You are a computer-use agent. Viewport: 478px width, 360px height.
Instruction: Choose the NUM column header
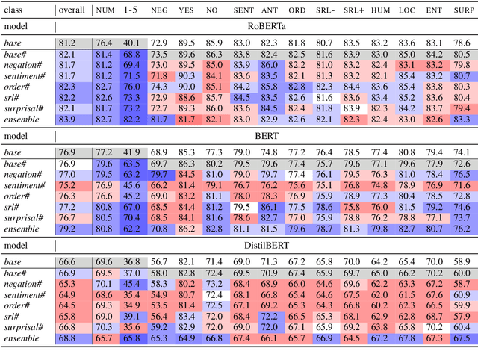[x=104, y=11]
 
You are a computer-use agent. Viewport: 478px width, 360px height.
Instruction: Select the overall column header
[x=71, y=11]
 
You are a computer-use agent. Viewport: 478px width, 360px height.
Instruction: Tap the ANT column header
[x=270, y=11]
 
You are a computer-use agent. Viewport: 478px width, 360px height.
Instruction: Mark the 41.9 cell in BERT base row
[x=131, y=152]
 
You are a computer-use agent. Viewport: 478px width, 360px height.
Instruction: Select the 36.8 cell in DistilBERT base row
[x=131, y=262]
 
